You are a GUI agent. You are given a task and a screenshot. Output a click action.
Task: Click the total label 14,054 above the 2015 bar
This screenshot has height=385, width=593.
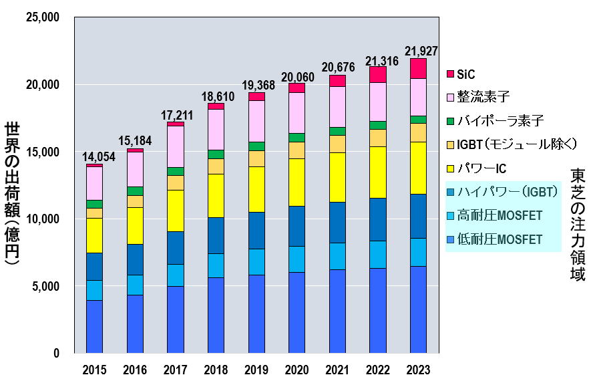(95, 157)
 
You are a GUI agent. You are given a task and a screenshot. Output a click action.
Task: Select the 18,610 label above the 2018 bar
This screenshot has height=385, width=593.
(216, 96)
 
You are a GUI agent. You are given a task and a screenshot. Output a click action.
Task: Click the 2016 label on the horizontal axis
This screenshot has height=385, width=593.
(135, 370)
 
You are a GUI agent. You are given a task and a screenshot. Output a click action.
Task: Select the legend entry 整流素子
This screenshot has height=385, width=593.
(479, 97)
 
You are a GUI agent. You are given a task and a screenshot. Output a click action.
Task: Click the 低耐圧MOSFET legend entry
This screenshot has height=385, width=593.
(500, 239)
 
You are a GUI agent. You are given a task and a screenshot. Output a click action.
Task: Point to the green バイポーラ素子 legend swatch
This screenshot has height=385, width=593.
(451, 121)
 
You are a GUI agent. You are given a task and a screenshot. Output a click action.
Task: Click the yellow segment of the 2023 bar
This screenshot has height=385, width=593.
(418, 168)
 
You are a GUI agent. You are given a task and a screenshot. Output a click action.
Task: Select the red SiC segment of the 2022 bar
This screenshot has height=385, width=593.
(377, 74)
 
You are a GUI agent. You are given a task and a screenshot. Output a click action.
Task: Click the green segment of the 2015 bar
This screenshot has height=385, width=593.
(94, 204)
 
